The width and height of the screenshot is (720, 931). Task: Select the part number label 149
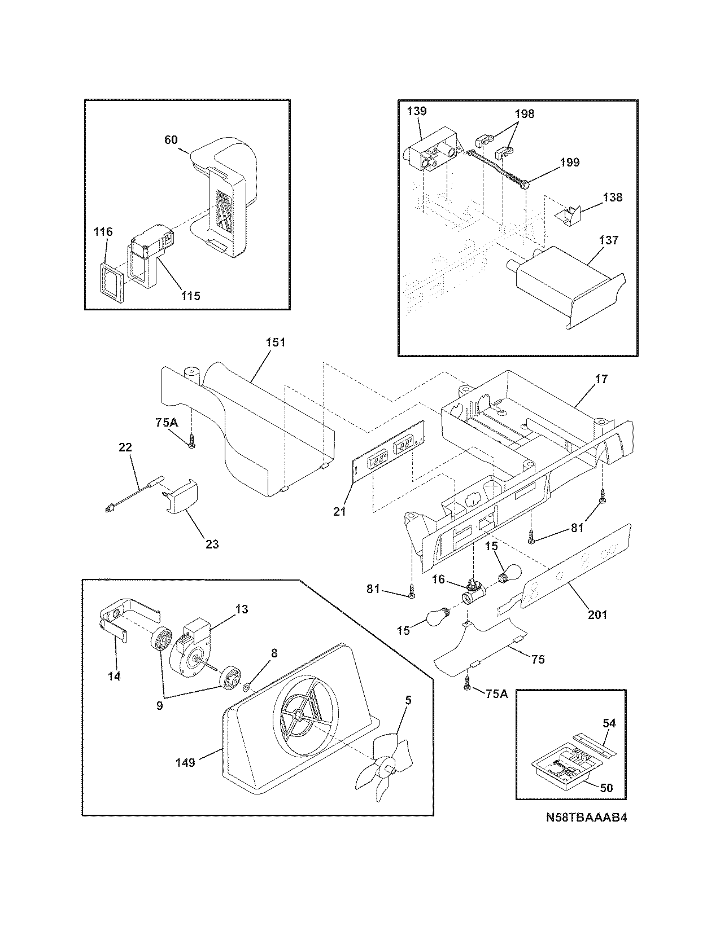[x=185, y=762]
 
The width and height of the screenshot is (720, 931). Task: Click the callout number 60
[x=171, y=140]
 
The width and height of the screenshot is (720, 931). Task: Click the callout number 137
[x=609, y=240]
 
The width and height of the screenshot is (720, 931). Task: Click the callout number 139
[x=416, y=111]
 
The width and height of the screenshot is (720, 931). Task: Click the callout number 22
[x=125, y=447]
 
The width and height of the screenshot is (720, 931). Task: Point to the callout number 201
[x=598, y=614]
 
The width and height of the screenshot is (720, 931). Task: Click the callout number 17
[x=601, y=379]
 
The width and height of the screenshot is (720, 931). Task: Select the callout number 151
[x=276, y=342]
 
